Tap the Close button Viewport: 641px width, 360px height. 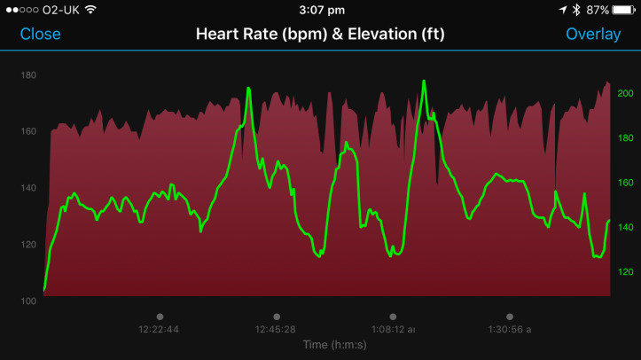click(x=41, y=35)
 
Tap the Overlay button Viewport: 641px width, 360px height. click(x=594, y=35)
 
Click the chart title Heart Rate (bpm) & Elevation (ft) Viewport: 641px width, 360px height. click(x=320, y=35)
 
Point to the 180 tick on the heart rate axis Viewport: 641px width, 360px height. click(x=28, y=75)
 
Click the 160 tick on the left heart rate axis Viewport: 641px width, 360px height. click(x=28, y=131)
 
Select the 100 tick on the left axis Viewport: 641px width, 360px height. click(x=28, y=301)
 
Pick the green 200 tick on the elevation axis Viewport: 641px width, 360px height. click(x=625, y=93)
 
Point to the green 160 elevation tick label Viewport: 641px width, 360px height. click(x=625, y=183)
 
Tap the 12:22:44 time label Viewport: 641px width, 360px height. click(x=159, y=329)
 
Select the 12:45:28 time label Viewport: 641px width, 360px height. click(x=276, y=329)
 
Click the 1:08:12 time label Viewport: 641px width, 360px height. click(x=392, y=329)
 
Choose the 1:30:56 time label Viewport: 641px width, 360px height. click(x=509, y=329)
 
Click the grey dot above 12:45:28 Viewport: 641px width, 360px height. click(x=277, y=316)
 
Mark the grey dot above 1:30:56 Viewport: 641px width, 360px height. click(x=509, y=316)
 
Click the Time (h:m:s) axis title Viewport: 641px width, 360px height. click(x=335, y=343)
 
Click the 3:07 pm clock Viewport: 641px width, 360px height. click(x=320, y=10)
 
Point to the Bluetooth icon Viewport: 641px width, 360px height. click(x=575, y=10)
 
